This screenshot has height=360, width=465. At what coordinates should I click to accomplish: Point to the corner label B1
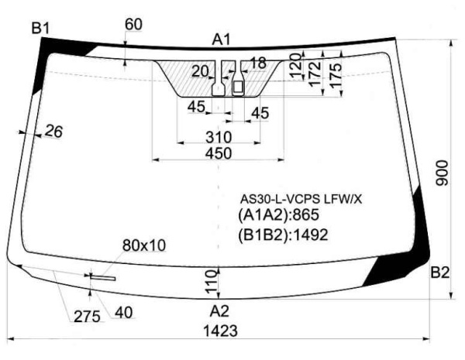click(x=40, y=29)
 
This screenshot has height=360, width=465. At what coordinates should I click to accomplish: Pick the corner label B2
click(x=440, y=272)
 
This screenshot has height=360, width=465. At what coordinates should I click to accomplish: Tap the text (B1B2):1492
click(x=284, y=234)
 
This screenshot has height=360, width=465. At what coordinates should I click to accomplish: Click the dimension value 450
click(x=219, y=153)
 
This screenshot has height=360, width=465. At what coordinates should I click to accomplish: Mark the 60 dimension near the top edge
click(x=133, y=24)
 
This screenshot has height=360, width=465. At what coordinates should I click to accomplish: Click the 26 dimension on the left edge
click(x=53, y=132)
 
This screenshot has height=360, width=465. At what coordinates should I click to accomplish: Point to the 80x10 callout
click(x=144, y=245)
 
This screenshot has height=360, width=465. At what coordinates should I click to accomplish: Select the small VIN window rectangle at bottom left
click(x=103, y=277)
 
